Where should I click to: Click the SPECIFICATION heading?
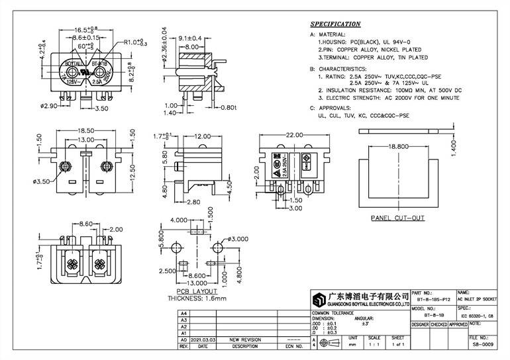pyautogui.click(x=336, y=24)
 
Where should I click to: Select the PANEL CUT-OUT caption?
pyautogui.click(x=397, y=218)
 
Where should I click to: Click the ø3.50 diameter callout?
pyautogui.click(x=42, y=180)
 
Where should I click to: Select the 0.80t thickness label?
pyautogui.click(x=227, y=107)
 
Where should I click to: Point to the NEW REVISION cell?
pyautogui.click(x=244, y=339)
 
